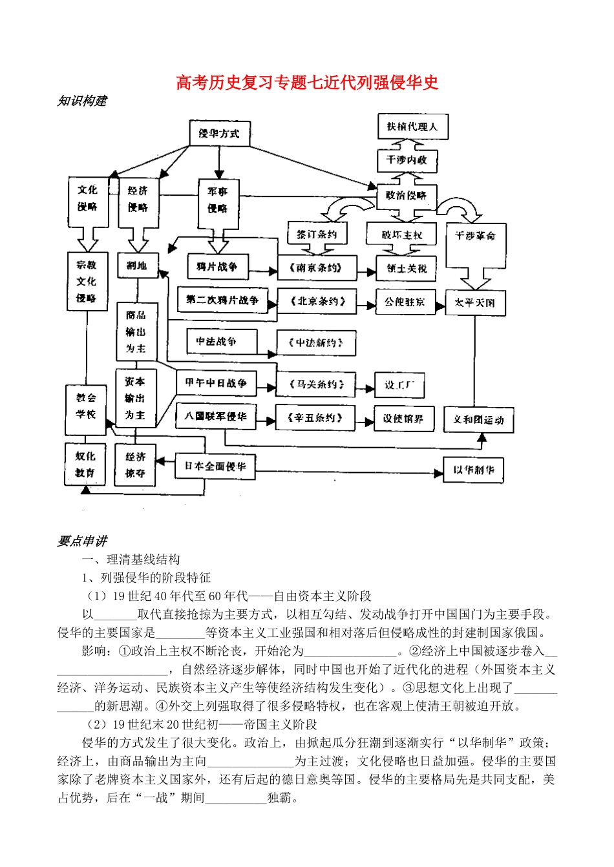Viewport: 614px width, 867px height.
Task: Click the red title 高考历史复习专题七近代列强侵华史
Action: click(x=307, y=82)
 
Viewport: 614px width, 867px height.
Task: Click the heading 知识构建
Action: click(x=82, y=101)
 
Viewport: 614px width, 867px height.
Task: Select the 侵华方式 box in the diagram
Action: click(x=219, y=134)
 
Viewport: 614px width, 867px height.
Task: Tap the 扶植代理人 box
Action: click(x=412, y=127)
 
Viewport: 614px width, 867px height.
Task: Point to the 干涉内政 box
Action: click(x=407, y=160)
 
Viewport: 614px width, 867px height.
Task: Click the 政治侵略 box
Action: click(x=407, y=195)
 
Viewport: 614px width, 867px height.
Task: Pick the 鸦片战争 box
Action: click(x=217, y=267)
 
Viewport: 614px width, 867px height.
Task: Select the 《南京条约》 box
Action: click(x=317, y=267)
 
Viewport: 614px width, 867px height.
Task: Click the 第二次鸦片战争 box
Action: click(x=222, y=300)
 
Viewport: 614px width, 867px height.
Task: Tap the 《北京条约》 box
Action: click(x=317, y=301)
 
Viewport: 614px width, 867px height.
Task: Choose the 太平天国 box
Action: click(x=474, y=302)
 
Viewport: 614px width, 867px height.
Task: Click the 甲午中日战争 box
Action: click(x=216, y=383)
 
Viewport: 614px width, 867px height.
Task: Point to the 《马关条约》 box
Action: click(x=316, y=384)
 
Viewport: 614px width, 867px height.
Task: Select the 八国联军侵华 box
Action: click(x=215, y=417)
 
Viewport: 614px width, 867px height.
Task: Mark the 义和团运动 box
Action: click(x=478, y=420)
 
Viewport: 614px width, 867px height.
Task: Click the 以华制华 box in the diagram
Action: click(x=473, y=470)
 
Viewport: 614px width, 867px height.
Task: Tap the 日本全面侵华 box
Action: click(x=215, y=466)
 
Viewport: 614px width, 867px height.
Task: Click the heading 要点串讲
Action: click(x=82, y=541)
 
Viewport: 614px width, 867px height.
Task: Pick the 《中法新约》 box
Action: click(x=316, y=342)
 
